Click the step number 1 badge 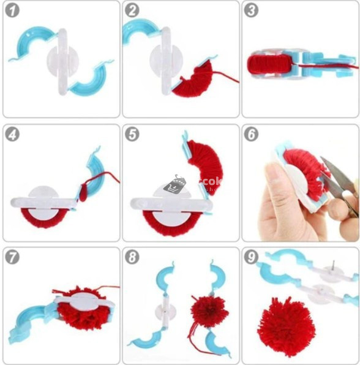[12, 10]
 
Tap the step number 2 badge [132, 10]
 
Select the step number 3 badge [252, 10]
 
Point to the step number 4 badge [12, 134]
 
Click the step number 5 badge [132, 134]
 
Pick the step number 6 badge [252, 134]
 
